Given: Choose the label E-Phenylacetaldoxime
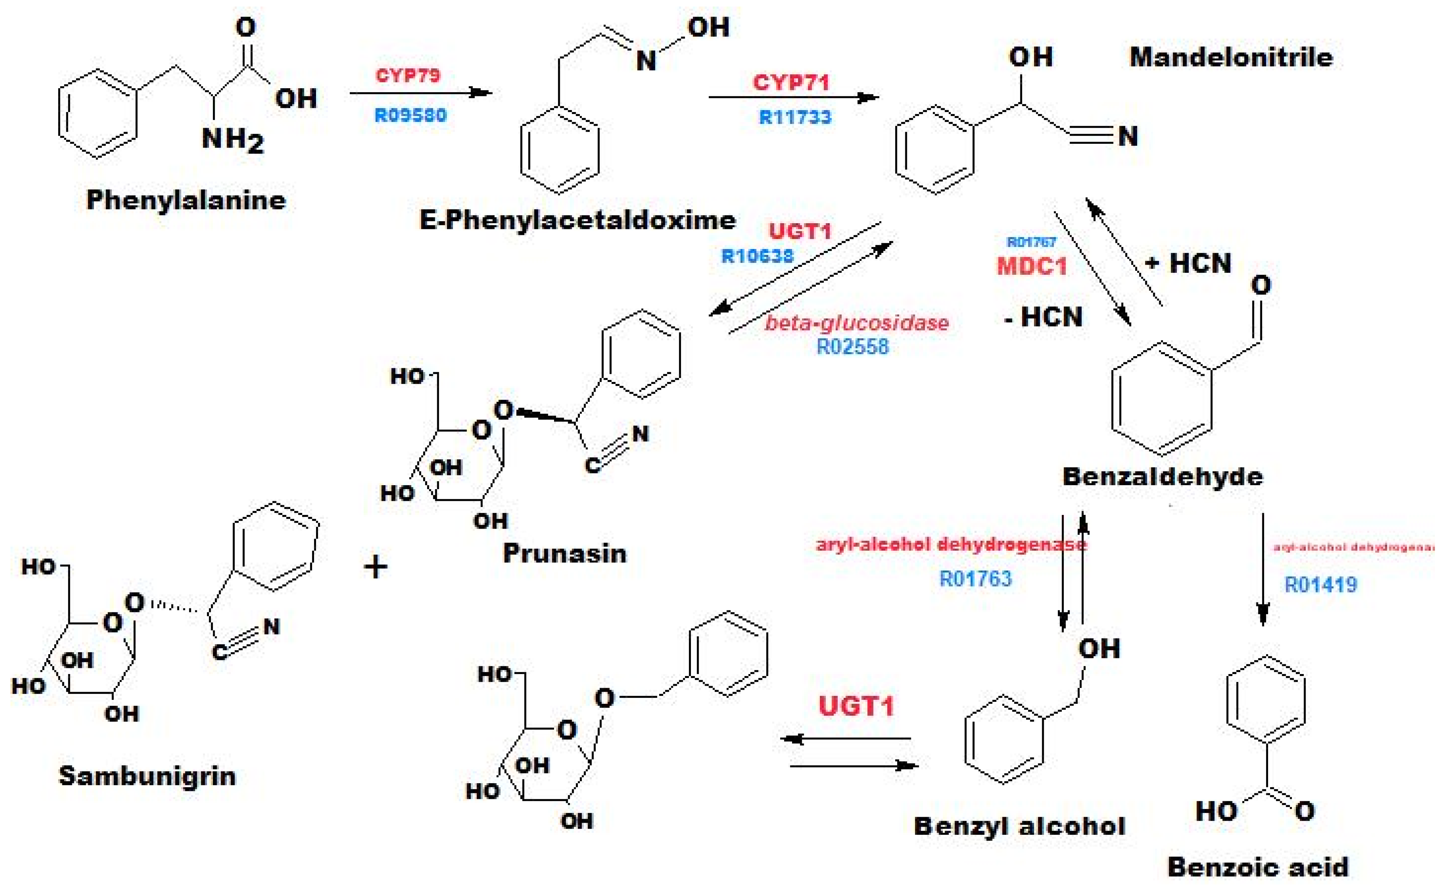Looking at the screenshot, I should click(577, 221).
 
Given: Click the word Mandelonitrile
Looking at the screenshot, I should click(1231, 57).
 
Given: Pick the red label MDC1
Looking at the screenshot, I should click(1032, 266).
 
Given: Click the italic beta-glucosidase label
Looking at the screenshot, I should click(857, 323).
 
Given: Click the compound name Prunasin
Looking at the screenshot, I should click(565, 553).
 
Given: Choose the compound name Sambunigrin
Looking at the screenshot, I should click(147, 776).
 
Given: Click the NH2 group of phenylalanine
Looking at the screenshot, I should click(232, 140).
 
